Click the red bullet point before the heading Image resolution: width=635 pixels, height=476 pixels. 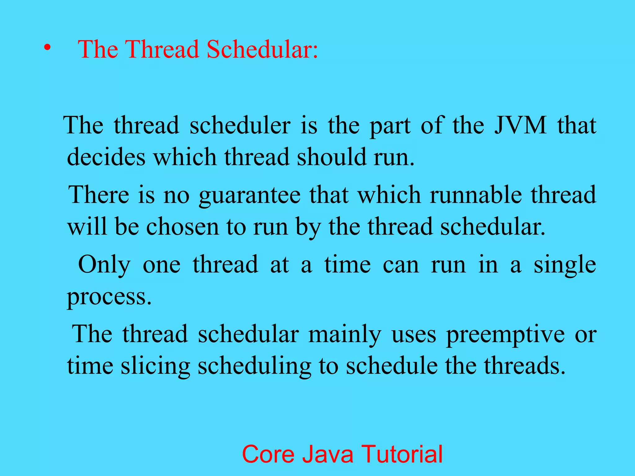tap(47, 48)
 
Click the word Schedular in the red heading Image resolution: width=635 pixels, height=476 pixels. tap(262, 49)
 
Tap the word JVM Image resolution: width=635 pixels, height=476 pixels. tap(520, 125)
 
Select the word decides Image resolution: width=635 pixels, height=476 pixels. tap(106, 157)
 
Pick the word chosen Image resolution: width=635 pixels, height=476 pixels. tap(182, 227)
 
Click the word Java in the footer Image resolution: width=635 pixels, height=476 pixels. tap(328, 454)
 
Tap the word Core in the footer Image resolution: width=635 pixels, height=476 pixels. tap(268, 454)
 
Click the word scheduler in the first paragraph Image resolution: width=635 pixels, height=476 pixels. tap(240, 125)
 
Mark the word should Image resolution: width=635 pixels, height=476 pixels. tap(331, 157)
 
